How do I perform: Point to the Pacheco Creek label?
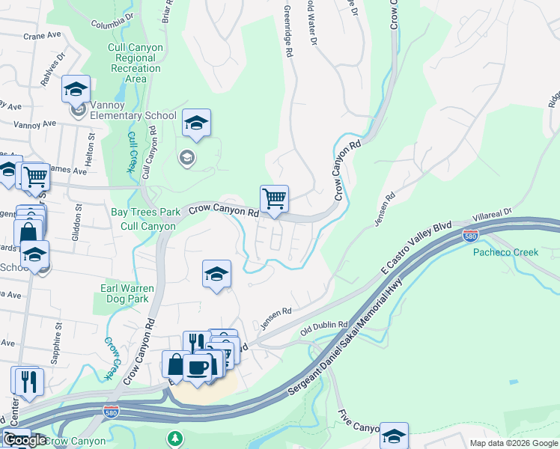[x=505, y=252]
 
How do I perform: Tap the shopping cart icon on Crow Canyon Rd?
[x=274, y=200]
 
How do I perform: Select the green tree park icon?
[x=175, y=437]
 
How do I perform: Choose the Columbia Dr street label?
[x=112, y=19]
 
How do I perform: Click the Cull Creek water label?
[x=132, y=152]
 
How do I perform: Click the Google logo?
[x=25, y=440]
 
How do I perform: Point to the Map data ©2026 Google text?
[x=513, y=443]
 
